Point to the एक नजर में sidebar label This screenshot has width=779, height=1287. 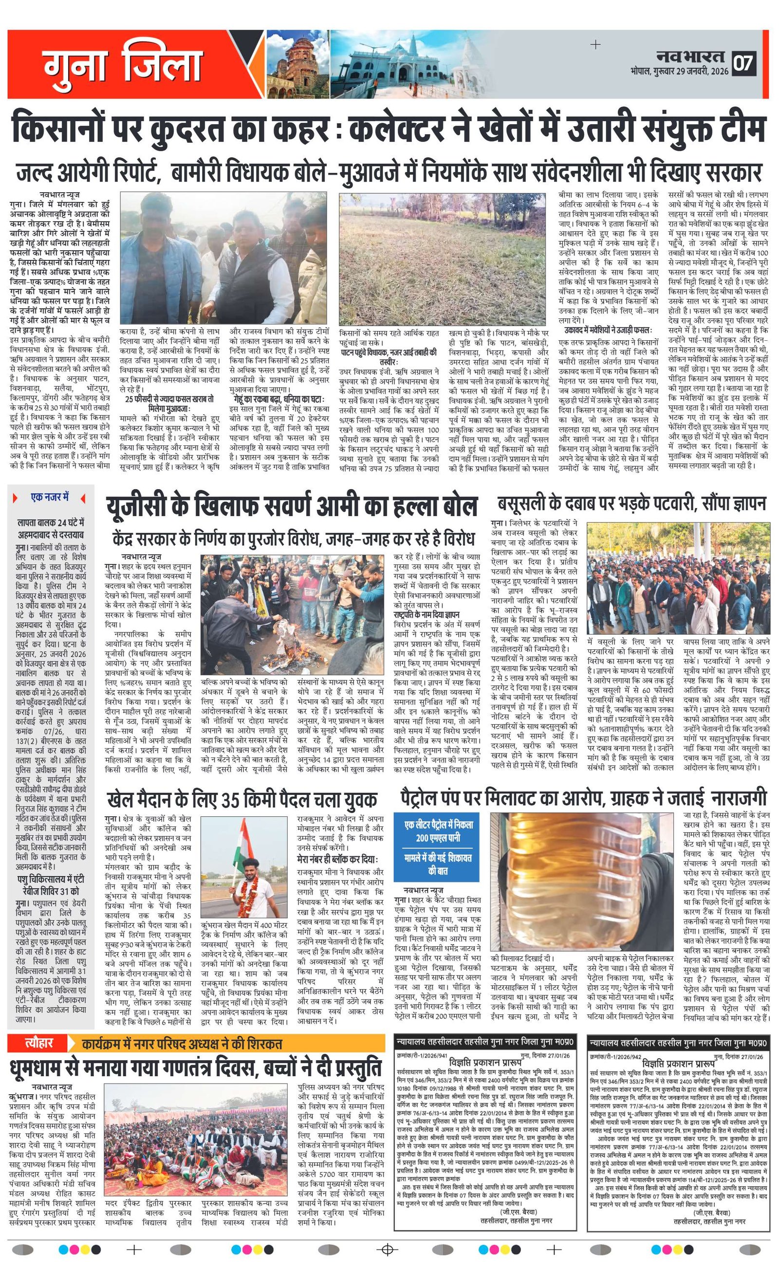tap(50, 497)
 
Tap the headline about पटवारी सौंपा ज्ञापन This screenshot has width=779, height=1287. tap(631, 504)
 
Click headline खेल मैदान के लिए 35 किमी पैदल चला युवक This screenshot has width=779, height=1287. tap(241, 800)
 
